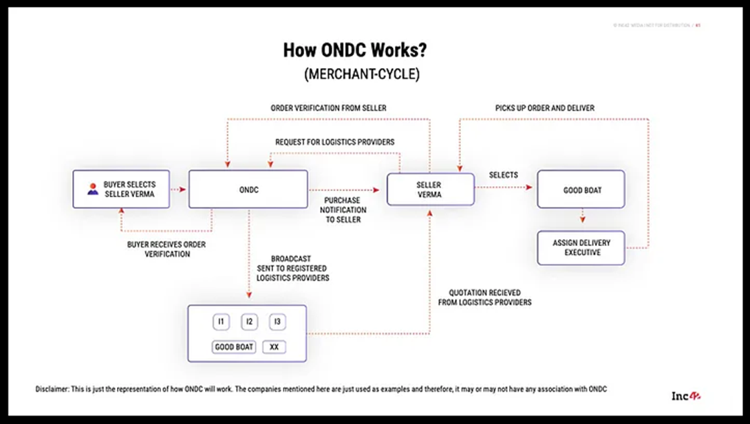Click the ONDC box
coord(248,190)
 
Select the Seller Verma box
coord(430,190)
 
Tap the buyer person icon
coord(92,189)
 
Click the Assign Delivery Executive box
coord(581,248)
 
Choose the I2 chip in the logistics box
coord(249,322)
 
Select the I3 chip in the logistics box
coord(277,322)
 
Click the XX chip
coord(274,347)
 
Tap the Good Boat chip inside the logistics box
coord(234,347)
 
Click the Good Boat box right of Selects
coord(581,190)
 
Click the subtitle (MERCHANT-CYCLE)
coord(361,74)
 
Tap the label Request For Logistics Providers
coord(334,142)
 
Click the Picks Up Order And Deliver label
coord(544,108)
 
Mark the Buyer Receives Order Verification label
coord(167,249)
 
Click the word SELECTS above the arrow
coord(503,175)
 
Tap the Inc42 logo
coord(685,396)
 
